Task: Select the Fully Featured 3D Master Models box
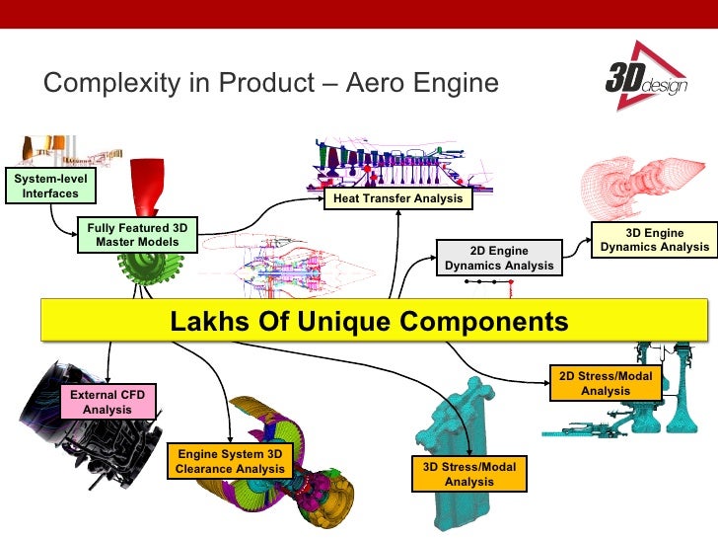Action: pyautogui.click(x=137, y=235)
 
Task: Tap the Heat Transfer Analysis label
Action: pyautogui.click(x=397, y=198)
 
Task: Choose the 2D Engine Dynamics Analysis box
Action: pyautogui.click(x=499, y=259)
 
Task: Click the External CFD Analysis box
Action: pyautogui.click(x=108, y=402)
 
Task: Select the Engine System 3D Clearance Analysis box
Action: pyautogui.click(x=230, y=461)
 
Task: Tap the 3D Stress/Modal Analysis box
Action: pyautogui.click(x=468, y=474)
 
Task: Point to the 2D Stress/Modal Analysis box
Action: pyautogui.click(x=606, y=383)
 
